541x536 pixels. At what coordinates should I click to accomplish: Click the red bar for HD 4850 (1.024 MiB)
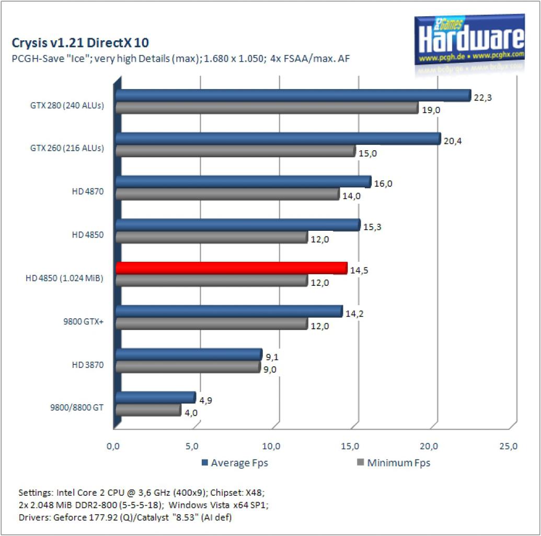232,268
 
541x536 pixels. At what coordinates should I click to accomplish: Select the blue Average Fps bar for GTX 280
293,95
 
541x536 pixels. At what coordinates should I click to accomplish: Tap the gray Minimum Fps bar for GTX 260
236,151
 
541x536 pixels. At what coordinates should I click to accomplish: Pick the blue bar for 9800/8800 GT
156,397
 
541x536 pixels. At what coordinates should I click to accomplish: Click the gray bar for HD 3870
188,367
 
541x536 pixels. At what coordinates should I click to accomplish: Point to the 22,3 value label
482,98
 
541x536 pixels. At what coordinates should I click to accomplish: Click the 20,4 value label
452,141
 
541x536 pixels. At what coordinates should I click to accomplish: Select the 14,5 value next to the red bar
359,270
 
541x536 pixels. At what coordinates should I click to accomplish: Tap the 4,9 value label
205,400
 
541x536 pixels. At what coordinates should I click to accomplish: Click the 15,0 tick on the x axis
350,446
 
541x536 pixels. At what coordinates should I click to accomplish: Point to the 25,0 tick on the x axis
508,446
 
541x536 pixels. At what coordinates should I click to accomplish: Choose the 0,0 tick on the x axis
113,446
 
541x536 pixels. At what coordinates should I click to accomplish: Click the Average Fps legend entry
235,463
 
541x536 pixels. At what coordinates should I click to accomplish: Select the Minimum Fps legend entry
394,463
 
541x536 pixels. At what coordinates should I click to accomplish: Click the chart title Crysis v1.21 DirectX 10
80,43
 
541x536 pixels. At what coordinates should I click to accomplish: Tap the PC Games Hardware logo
469,40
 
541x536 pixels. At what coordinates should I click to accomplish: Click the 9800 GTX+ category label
83,321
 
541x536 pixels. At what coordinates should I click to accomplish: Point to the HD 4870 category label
88,192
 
